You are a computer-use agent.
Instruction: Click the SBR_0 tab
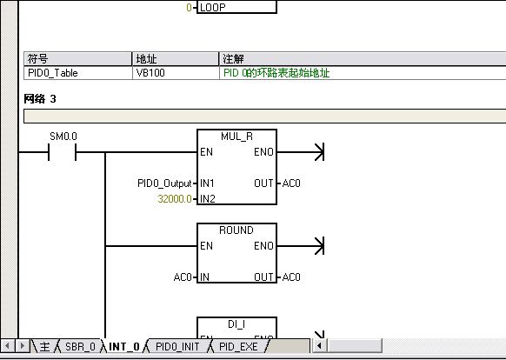pos(80,346)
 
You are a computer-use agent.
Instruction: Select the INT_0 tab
pos(124,346)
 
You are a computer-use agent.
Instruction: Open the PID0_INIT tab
pos(177,346)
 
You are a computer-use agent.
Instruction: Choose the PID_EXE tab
pos(238,346)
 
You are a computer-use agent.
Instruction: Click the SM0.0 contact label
pos(63,137)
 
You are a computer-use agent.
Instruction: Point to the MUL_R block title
pos(236,137)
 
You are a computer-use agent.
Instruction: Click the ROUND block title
pos(236,230)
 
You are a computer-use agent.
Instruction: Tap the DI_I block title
pos(236,323)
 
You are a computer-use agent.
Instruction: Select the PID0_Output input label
pos(164,183)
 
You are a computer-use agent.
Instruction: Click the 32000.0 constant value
pos(175,198)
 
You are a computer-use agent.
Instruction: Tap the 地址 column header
pos(146,59)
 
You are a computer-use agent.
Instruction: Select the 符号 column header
pos(37,59)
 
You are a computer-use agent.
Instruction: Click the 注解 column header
pos(233,59)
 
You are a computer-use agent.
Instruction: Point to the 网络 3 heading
pos(40,99)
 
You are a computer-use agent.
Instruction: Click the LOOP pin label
pos(213,8)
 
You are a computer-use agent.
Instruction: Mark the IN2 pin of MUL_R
pos(208,198)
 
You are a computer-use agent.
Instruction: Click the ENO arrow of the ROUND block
pos(301,246)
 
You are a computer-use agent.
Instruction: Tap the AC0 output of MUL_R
pos(291,183)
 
